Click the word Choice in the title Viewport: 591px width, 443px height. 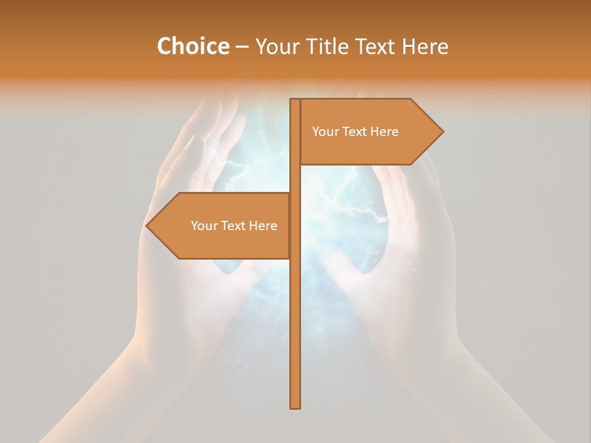tap(193, 47)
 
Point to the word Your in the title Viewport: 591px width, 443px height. tap(276, 47)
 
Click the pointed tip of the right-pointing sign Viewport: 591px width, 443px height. tap(442, 132)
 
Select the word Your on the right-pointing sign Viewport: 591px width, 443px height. tap(324, 132)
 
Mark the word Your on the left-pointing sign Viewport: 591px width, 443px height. tap(203, 226)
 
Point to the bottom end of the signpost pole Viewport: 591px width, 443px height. tap(295, 407)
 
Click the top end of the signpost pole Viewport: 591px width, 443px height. tap(295, 100)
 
